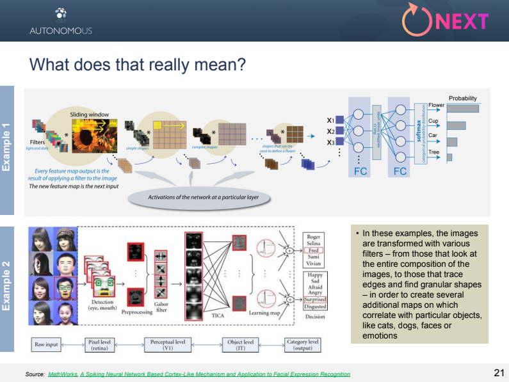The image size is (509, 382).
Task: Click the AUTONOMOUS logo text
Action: pos(60,30)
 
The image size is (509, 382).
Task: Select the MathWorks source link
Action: pos(62,374)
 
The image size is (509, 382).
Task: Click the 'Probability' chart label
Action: pos(462,99)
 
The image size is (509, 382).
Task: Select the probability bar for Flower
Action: pos(463,108)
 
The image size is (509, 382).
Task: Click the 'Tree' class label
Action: pos(433,152)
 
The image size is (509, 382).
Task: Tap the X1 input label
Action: pos(330,120)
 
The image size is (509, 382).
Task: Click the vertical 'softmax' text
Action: pos(419,132)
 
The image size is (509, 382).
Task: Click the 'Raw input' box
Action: pos(46,345)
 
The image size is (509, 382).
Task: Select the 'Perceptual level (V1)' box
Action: pos(168,345)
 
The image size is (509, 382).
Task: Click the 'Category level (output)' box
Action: pos(303,345)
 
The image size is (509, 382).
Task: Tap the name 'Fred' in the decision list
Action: pos(314,251)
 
